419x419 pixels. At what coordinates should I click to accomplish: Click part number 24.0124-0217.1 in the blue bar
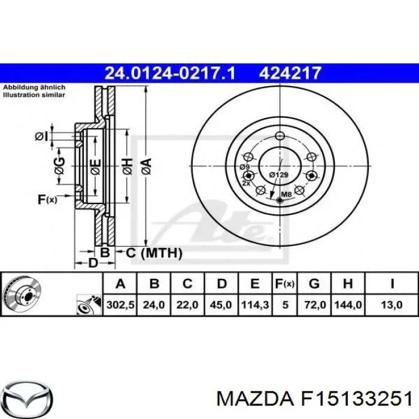(x=170, y=73)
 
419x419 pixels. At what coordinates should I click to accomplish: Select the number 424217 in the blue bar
(x=290, y=73)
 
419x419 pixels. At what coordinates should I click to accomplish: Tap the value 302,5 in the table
(x=120, y=305)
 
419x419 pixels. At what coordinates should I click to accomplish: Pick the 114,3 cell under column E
(x=254, y=305)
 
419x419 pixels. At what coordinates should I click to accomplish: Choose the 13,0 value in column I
(x=391, y=305)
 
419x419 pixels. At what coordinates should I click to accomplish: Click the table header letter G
(x=314, y=283)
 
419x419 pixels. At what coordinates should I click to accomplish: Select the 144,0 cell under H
(x=348, y=305)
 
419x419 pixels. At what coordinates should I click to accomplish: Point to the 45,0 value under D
(x=221, y=305)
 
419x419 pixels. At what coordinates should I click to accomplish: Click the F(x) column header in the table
(x=285, y=284)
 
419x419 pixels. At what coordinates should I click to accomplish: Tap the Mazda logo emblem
(x=29, y=399)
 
